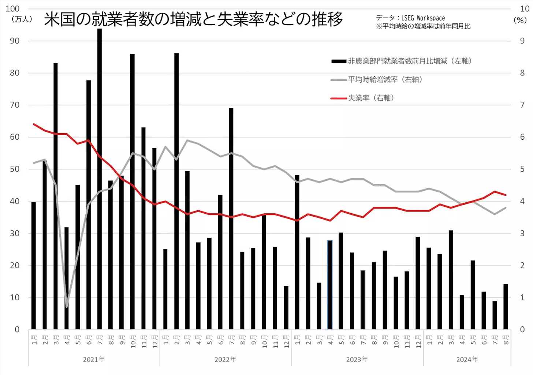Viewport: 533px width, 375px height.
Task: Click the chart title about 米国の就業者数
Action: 193,19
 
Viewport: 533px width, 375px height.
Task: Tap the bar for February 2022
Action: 176,190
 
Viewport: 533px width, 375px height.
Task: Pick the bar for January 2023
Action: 297,252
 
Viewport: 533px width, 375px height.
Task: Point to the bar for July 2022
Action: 231,220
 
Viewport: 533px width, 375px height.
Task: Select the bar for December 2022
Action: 286,308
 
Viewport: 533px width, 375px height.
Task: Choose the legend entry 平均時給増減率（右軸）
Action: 385,80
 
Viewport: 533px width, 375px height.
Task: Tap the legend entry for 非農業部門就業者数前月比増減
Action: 409,61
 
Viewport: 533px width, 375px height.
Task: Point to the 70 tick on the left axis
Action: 15,105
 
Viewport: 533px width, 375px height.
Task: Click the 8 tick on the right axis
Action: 522,73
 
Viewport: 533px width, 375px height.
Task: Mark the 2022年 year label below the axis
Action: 225,359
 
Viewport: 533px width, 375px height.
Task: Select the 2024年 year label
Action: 467,359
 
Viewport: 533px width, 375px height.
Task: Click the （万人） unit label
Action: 22,19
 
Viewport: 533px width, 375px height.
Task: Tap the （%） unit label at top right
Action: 520,20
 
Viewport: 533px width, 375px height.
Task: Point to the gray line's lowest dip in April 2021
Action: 67,307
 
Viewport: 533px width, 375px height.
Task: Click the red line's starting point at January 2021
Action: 34,124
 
